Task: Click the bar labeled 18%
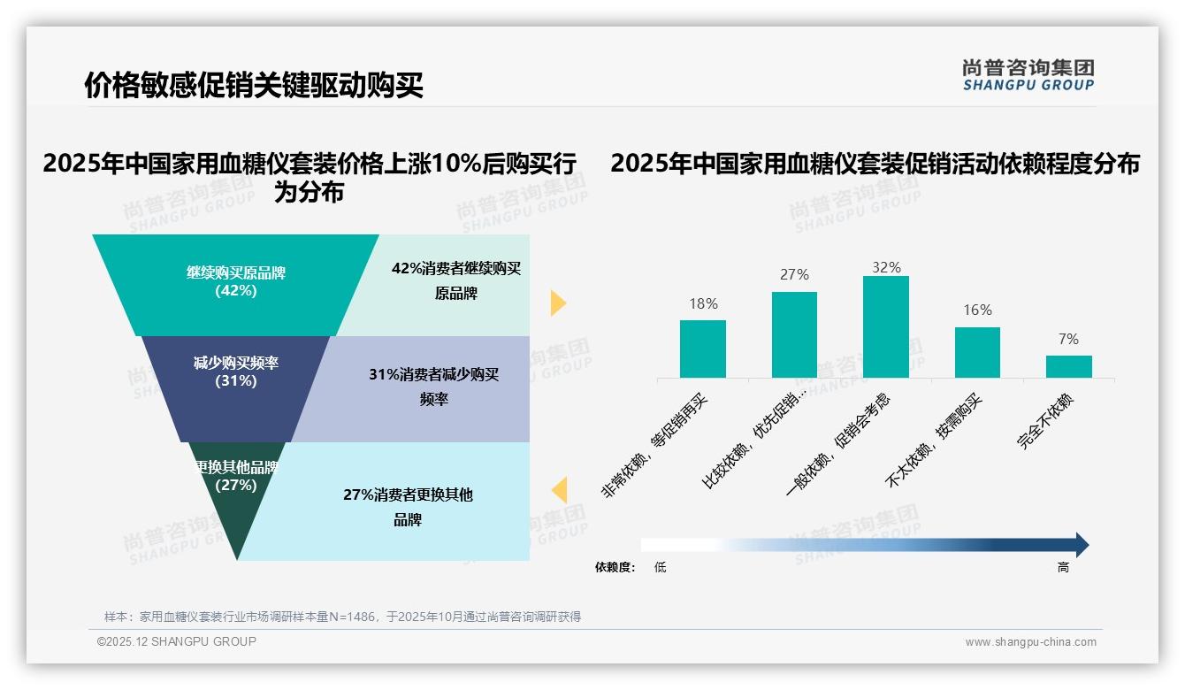tap(702, 349)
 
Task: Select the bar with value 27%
tap(794, 334)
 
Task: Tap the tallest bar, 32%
tap(885, 326)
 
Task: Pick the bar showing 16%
tap(977, 352)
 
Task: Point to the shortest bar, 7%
tap(1068, 366)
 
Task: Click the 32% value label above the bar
tap(886, 267)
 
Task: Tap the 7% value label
tap(1068, 339)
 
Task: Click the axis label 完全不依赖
tap(1046, 422)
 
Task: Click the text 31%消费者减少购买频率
tap(433, 387)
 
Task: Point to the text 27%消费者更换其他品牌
tap(408, 506)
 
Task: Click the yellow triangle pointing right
tap(557, 303)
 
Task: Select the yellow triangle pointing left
tap(559, 489)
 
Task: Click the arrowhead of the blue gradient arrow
tap(1082, 545)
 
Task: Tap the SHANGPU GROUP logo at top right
tap(1028, 75)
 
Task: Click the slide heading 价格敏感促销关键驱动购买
tap(254, 85)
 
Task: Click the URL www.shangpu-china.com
tap(1030, 642)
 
